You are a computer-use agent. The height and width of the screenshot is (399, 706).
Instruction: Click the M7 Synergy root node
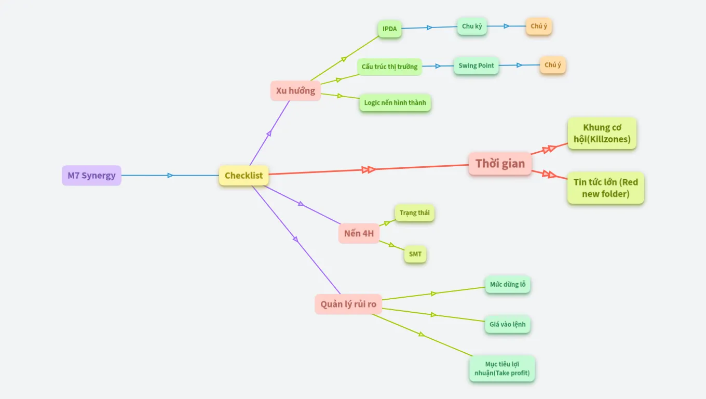91,176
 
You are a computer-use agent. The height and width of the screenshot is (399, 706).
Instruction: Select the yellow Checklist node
243,176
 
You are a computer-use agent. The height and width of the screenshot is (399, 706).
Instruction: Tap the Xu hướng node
295,90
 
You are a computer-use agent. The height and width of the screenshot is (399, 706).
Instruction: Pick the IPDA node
389,29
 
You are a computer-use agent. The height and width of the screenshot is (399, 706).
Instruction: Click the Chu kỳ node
472,26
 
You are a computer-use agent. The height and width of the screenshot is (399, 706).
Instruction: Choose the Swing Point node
476,65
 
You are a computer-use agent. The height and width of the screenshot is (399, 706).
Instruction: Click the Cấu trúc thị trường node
389,66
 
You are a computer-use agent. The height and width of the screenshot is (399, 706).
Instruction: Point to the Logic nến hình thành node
395,102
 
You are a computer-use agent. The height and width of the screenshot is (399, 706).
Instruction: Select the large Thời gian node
500,164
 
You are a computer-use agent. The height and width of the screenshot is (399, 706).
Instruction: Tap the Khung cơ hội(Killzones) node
602,134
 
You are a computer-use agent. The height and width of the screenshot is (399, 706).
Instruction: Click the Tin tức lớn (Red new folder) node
605,188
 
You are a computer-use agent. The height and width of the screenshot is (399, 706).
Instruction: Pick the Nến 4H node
359,233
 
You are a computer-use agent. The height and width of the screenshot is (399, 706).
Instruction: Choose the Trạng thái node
414,213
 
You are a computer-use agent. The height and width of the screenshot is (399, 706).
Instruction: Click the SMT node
415,254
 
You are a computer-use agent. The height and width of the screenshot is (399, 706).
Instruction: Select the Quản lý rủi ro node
348,304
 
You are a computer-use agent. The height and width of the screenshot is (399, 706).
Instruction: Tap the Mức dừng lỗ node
508,284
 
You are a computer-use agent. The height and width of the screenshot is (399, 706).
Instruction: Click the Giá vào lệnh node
507,324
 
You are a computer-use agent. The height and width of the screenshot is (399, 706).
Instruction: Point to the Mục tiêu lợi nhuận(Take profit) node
501,368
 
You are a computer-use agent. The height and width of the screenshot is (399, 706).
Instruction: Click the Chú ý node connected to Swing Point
552,65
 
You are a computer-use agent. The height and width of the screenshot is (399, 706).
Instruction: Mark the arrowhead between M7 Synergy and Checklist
170,176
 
